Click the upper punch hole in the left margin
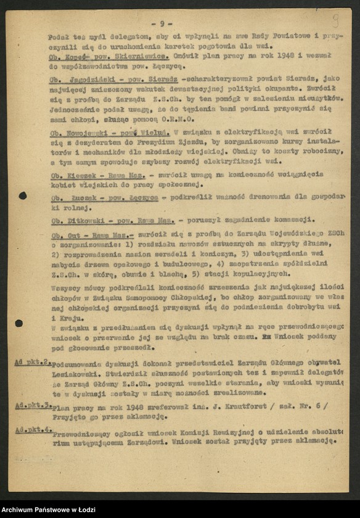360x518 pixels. click(x=23, y=195)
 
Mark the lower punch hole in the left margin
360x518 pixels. click(x=18, y=323)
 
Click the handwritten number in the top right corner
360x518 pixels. click(x=335, y=20)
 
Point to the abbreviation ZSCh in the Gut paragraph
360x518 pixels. click(x=337, y=234)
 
